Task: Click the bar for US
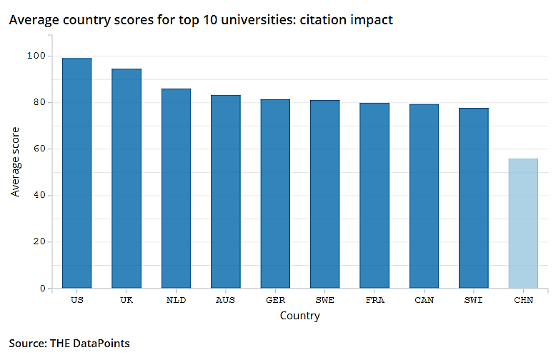pyautogui.click(x=76, y=173)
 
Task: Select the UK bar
pyautogui.click(x=126, y=179)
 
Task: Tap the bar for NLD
pyautogui.click(x=176, y=188)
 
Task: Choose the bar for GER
pyautogui.click(x=275, y=194)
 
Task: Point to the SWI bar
pyautogui.click(x=473, y=198)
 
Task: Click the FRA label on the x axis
pyautogui.click(x=374, y=300)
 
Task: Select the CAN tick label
pyautogui.click(x=424, y=300)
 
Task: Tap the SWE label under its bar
pyautogui.click(x=324, y=300)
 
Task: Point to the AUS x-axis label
pyautogui.click(x=225, y=300)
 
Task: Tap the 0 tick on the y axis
pyautogui.click(x=41, y=288)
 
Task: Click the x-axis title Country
pyautogui.click(x=300, y=315)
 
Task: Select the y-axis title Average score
pyautogui.click(x=16, y=162)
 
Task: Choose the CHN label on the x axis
pyautogui.click(x=523, y=300)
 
